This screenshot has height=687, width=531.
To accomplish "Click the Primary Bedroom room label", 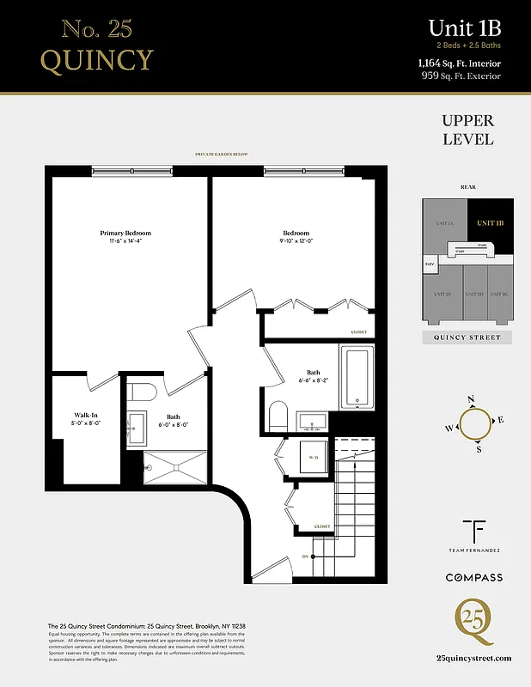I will [x=125, y=233].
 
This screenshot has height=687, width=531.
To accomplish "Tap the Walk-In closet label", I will [x=85, y=415].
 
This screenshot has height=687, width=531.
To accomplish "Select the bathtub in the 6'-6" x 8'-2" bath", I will [x=356, y=378].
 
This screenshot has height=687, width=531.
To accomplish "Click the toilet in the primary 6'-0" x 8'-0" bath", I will [x=141, y=392].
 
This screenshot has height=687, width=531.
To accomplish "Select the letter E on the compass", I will [x=501, y=420].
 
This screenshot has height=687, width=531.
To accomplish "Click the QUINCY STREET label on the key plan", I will [x=467, y=338].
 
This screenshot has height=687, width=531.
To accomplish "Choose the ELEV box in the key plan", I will [x=430, y=264].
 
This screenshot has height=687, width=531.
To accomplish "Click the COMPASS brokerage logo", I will [x=473, y=578].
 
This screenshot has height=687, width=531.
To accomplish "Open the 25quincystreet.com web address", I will [x=473, y=659].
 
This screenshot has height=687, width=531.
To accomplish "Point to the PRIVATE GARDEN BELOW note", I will [x=222, y=155].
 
